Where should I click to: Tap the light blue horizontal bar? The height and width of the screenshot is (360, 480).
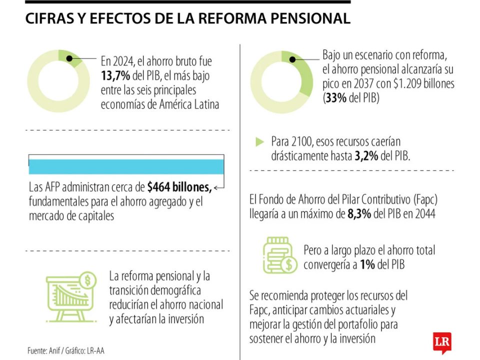pos(126,167)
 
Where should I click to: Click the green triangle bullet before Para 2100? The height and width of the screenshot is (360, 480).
pos(259,141)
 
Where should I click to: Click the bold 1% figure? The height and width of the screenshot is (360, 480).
pos(367,264)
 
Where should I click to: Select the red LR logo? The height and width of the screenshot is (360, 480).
pos(442,342)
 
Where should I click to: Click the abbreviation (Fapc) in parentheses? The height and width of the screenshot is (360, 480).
pos(425,199)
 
